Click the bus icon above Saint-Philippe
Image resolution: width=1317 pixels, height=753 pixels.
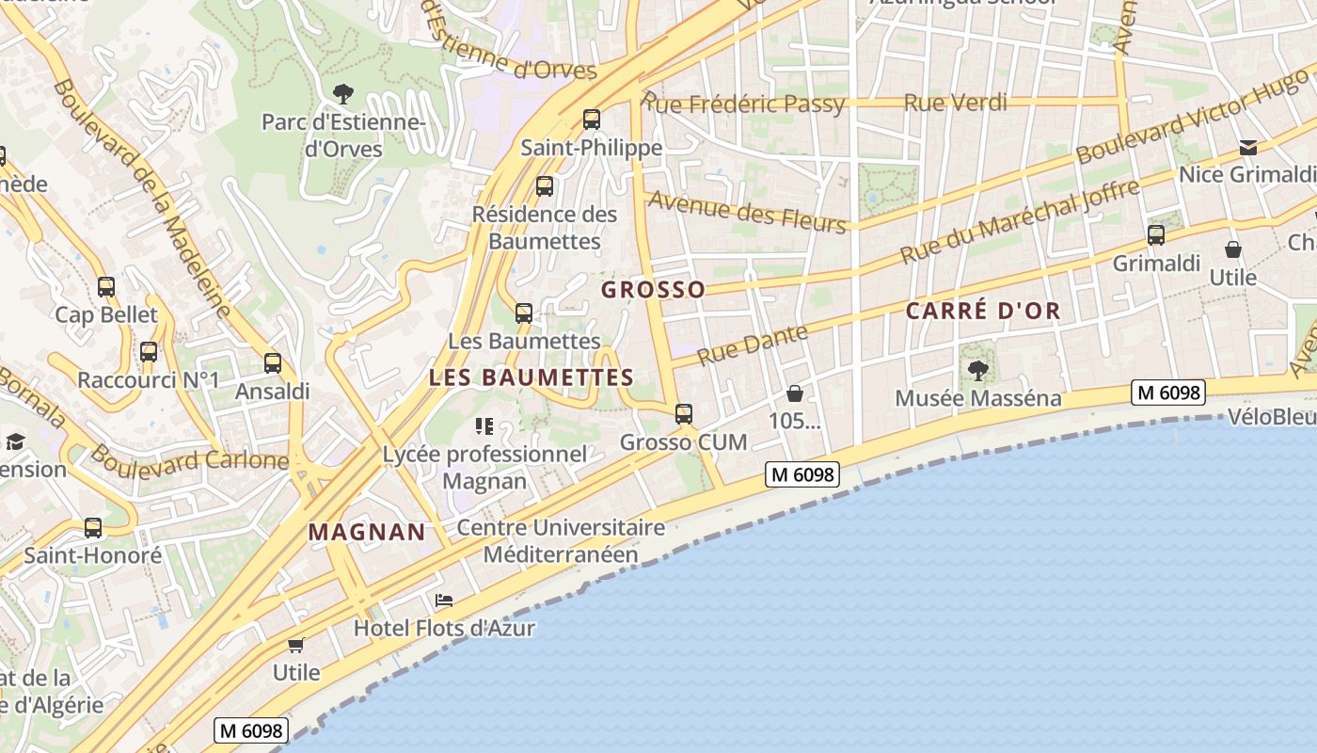coord(591,120)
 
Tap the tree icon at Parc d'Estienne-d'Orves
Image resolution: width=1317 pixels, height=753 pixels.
coord(343,93)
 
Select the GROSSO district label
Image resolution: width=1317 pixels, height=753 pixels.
coord(653,290)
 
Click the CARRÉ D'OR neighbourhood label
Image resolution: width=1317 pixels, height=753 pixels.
coord(983,311)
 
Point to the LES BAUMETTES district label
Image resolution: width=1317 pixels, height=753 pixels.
coord(531,377)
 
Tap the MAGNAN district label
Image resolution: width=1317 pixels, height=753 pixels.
coord(367,532)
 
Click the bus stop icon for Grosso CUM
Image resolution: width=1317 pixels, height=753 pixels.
coord(684,413)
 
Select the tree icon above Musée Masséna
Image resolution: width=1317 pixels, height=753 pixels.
coord(978,370)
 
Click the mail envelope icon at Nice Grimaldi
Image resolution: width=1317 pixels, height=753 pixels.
coord(1247,147)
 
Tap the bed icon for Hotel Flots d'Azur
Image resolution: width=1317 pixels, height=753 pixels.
coord(444,601)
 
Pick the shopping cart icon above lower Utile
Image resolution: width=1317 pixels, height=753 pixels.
coord(296,645)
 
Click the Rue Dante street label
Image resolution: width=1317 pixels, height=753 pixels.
coord(753,344)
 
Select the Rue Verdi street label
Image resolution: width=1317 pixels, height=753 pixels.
coord(955,103)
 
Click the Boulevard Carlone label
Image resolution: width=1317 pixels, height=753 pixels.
coord(189,459)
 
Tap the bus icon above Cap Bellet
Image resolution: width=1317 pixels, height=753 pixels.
coord(106,287)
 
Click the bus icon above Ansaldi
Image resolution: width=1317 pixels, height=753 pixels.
coord(273,362)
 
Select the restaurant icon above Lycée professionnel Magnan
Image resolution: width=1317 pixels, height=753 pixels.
coord(484,426)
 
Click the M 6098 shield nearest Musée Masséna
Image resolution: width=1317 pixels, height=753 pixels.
coord(1167,393)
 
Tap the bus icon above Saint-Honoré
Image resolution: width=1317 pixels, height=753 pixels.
coord(92,528)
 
